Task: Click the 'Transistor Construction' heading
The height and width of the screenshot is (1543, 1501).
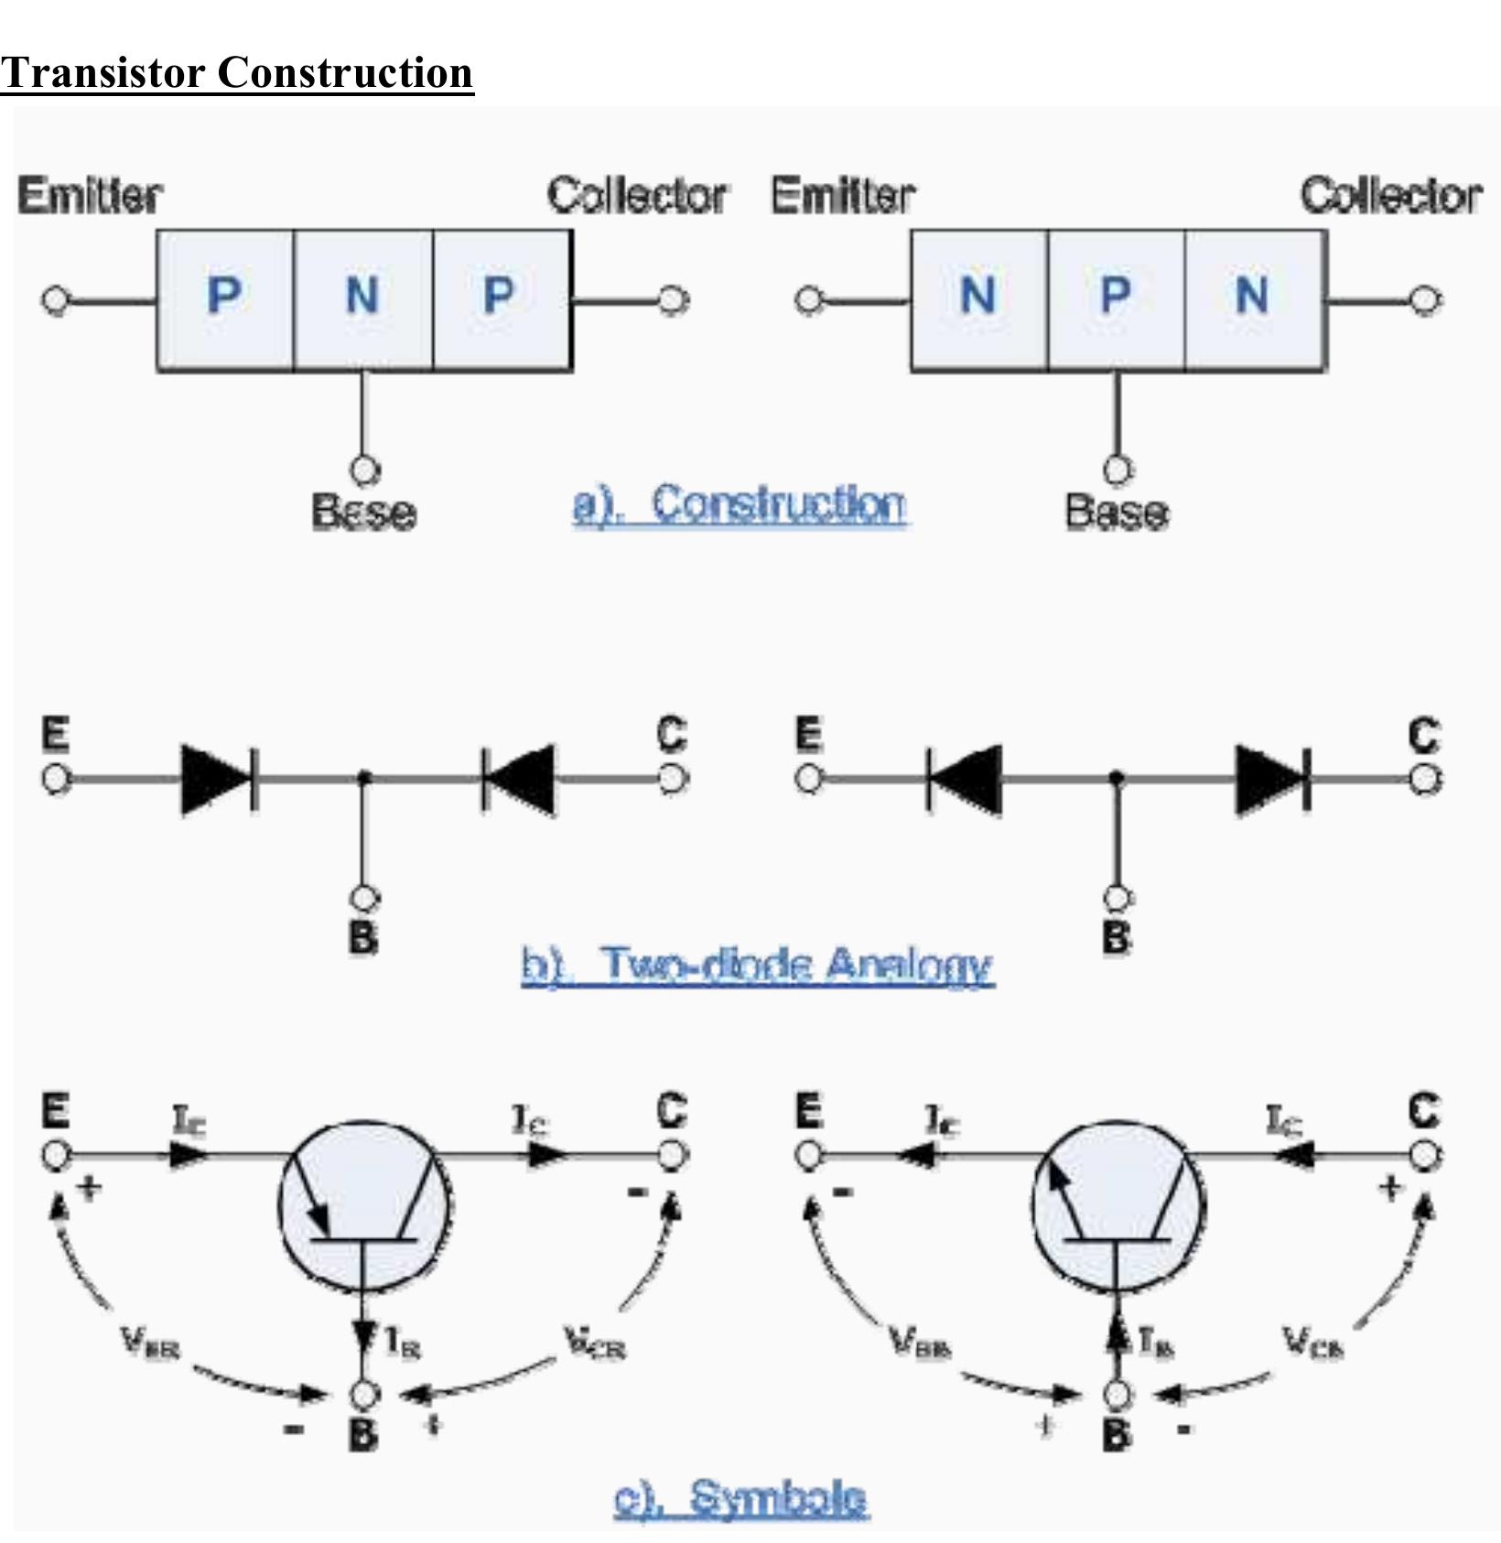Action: (236, 73)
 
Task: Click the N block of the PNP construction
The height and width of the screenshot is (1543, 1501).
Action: (362, 298)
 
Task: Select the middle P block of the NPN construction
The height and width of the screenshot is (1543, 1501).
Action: (1116, 298)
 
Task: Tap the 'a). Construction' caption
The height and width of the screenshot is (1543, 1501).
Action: (740, 504)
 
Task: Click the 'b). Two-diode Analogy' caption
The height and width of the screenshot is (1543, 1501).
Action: (757, 966)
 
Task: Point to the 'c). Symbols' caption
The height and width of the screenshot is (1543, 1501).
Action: (740, 1498)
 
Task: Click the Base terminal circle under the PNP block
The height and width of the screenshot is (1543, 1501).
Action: (364, 470)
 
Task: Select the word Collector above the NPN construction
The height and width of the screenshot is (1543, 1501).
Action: (1390, 196)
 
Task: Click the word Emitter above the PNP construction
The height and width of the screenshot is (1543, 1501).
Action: (90, 196)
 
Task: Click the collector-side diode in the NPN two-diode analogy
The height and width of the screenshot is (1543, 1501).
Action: (1272, 779)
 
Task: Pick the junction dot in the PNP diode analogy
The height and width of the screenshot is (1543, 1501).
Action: (364, 778)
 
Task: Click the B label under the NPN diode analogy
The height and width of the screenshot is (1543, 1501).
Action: (1116, 937)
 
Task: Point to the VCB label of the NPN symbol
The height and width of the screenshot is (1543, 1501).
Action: (1312, 1343)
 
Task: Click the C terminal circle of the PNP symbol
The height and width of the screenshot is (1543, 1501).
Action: (673, 1156)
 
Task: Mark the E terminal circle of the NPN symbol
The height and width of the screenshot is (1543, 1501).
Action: (808, 1156)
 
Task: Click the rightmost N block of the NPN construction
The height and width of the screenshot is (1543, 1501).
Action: (1253, 298)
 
